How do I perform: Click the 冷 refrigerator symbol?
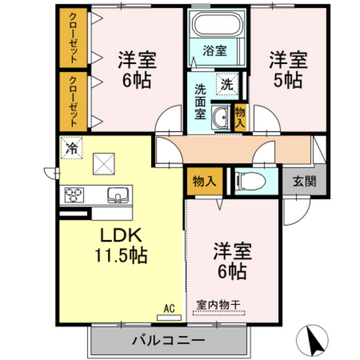point(71,147)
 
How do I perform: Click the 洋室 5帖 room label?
point(287,69)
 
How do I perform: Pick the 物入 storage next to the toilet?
point(203,181)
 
